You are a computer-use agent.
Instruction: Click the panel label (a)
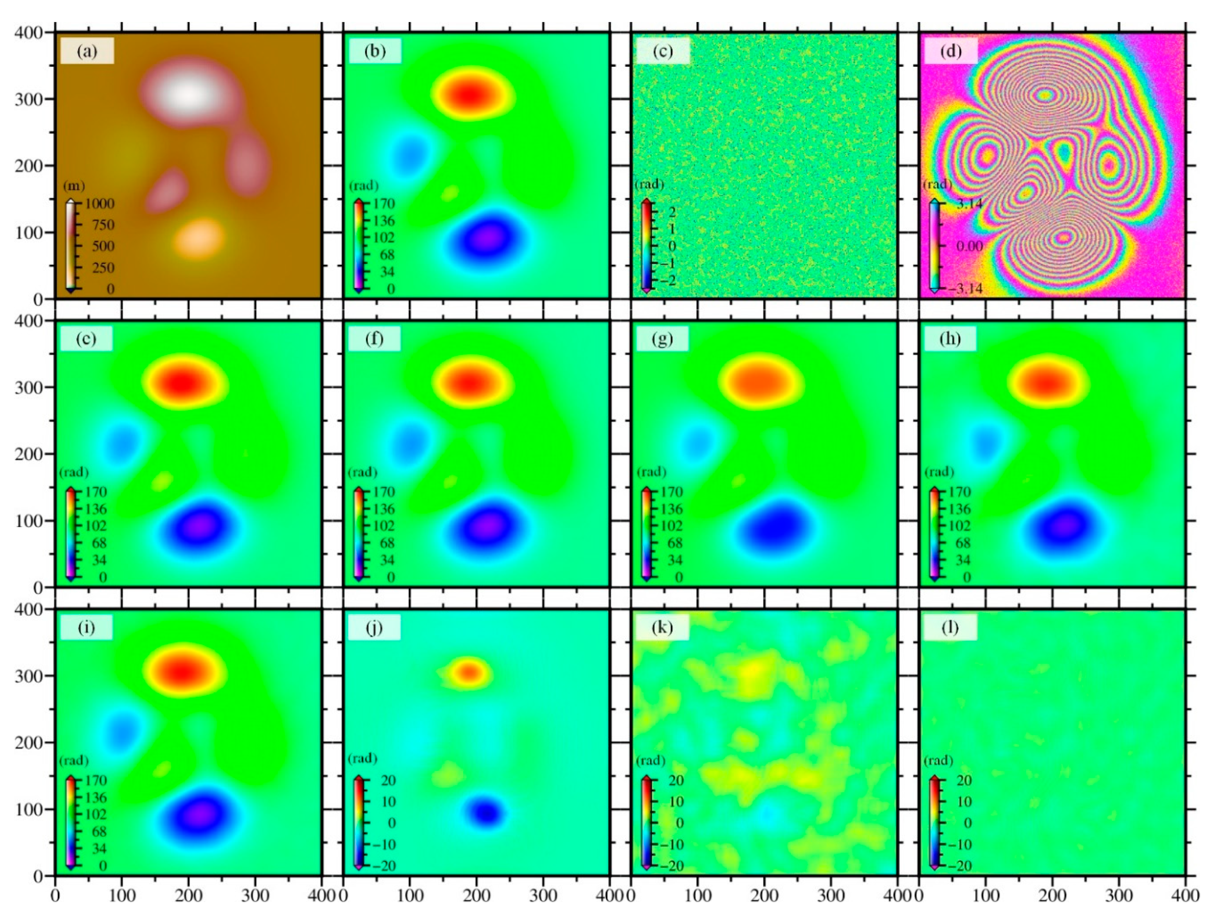[87, 51]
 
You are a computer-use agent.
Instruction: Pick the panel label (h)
[949, 339]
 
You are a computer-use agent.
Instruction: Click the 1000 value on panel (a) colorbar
[99, 204]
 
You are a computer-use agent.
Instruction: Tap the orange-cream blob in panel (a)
[199, 238]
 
